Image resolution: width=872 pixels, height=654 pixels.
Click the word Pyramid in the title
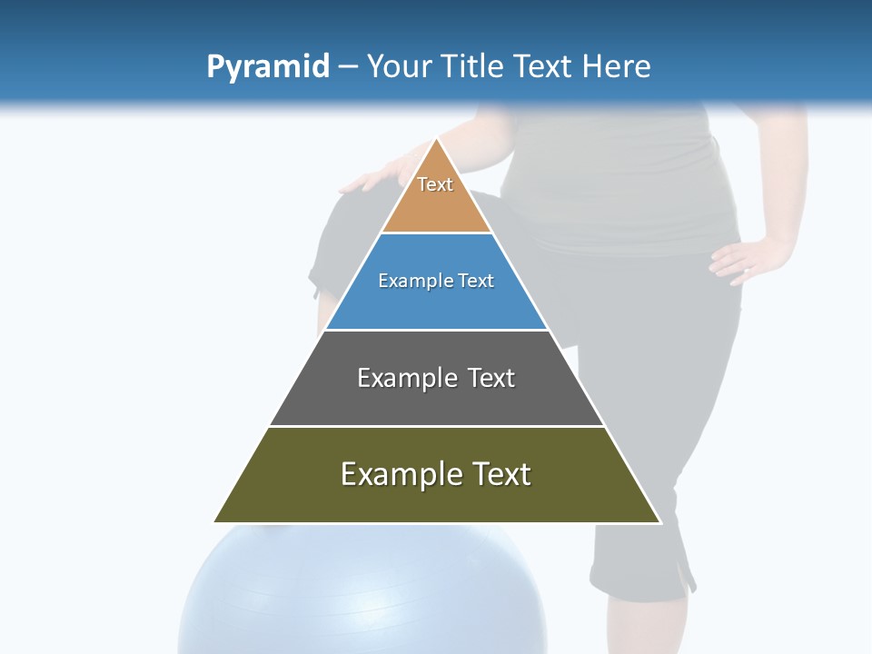[x=267, y=67]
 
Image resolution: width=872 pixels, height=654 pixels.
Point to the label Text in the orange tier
[x=435, y=184]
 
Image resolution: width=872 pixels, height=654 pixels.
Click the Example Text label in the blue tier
[x=436, y=281]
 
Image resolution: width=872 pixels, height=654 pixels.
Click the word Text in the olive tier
[x=499, y=474]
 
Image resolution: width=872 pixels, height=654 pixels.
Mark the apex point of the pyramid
[x=437, y=139]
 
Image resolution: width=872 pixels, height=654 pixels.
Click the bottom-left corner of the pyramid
[x=214, y=522]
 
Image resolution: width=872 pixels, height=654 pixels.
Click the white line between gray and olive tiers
[x=437, y=426]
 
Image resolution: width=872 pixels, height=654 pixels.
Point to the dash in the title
[x=348, y=67]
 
